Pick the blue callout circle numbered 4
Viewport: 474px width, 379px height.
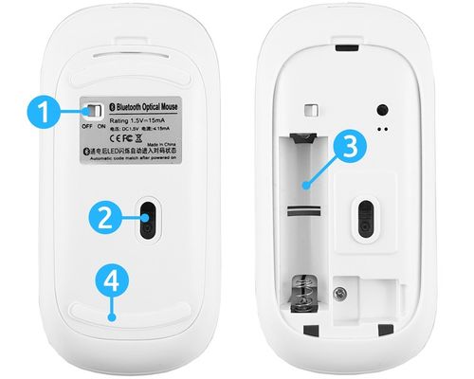[112, 282]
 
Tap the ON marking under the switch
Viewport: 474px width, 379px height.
[103, 126]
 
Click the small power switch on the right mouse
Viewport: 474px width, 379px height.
[314, 113]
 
